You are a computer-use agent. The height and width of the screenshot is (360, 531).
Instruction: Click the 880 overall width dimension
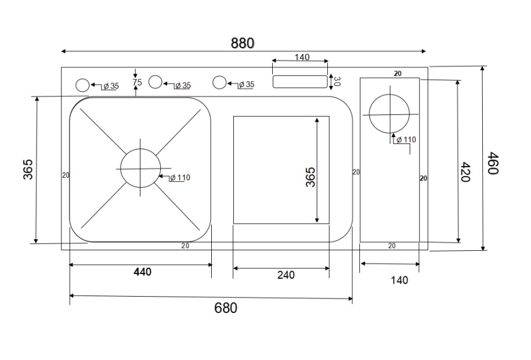[x=243, y=44]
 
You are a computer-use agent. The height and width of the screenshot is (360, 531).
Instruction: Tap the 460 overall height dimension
[x=493, y=163]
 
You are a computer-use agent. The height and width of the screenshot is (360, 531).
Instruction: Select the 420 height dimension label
[x=465, y=172]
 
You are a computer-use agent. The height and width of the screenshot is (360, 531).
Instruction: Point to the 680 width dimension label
[x=226, y=308]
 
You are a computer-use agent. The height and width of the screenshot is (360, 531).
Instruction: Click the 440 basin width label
[x=142, y=272]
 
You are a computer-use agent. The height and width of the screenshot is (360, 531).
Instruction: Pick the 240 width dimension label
[x=286, y=275]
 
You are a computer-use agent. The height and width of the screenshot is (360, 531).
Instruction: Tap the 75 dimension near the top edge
[x=137, y=82]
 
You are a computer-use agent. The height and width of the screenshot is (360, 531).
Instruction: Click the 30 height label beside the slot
[x=337, y=81]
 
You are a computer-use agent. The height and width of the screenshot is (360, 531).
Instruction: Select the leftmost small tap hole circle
[x=82, y=85]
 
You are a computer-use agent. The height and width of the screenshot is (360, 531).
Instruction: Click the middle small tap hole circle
[x=155, y=82]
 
